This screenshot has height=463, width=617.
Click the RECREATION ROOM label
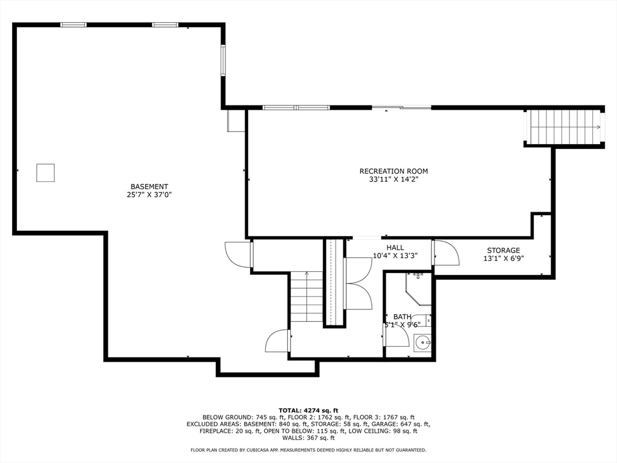tap(393, 171)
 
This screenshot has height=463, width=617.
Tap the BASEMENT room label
tap(149, 187)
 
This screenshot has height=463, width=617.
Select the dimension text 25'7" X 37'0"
tap(149, 195)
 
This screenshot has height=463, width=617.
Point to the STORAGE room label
tap(503, 250)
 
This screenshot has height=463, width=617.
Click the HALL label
tap(395, 248)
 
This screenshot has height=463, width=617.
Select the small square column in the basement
tap(45, 173)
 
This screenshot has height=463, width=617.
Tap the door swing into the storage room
tap(446, 253)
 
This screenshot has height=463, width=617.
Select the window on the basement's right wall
tap(222, 60)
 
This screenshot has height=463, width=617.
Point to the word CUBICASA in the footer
tap(270, 450)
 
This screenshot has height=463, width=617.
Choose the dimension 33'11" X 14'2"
tap(393, 179)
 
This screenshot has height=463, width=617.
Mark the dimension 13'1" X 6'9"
tap(503, 259)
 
